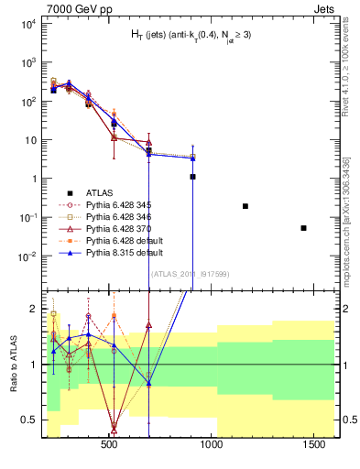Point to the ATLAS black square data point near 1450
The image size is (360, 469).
[x=303, y=228]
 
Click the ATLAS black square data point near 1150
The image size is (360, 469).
[x=245, y=206]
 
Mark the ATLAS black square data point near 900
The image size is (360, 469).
[x=192, y=177]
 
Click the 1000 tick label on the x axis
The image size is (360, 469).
[x=213, y=444]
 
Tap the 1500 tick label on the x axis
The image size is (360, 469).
[x=317, y=444]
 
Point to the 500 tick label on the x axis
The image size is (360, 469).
[x=109, y=444]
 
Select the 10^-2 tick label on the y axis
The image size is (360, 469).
[x=27, y=256]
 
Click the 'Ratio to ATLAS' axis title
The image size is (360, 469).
[x=12, y=364]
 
